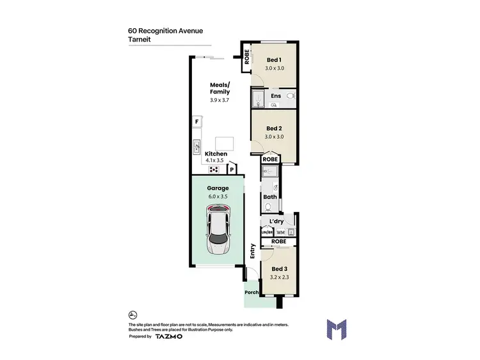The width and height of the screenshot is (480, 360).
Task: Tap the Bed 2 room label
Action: [x=274, y=127]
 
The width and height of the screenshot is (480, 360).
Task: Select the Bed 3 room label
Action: [x=280, y=268]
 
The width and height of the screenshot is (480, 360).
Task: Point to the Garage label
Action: [x=218, y=188]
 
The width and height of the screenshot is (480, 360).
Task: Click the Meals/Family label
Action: [x=220, y=88]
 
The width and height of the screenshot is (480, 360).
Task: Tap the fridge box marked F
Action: [x=198, y=122]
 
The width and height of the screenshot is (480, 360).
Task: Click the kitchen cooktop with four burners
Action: [x=213, y=170]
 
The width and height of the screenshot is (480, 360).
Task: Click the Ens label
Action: [x=276, y=96]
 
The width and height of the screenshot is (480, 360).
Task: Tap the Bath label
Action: [x=270, y=197]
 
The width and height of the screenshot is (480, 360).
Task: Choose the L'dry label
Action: [x=277, y=221]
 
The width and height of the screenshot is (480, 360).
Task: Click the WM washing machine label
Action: [x=280, y=232]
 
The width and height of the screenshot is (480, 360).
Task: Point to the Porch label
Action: [x=252, y=293]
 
